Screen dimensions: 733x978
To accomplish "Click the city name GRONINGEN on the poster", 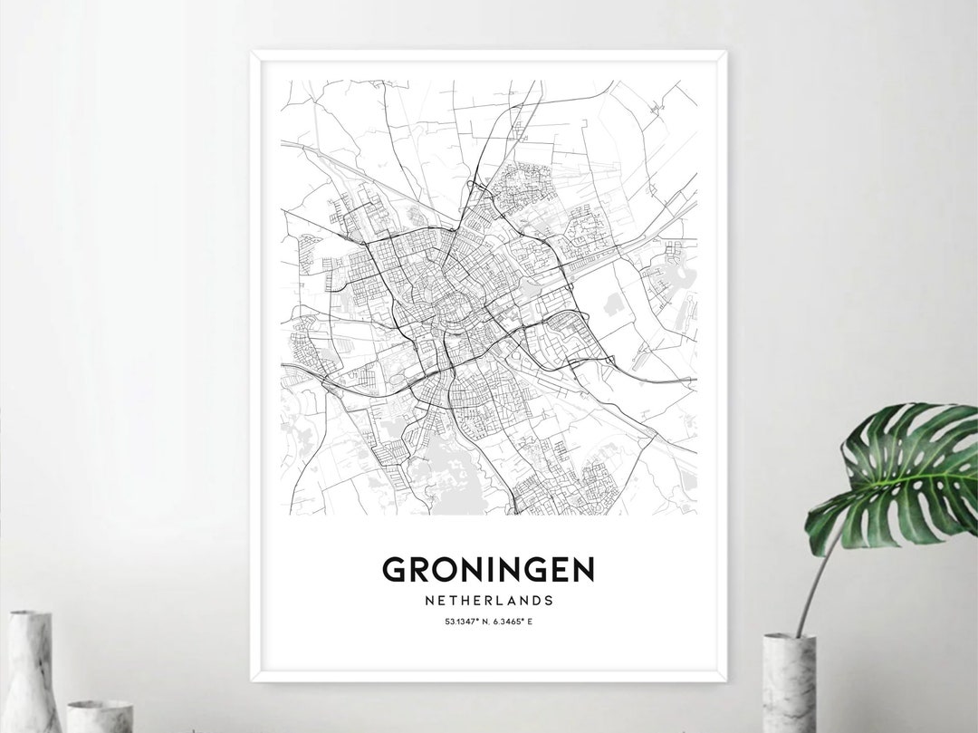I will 488,569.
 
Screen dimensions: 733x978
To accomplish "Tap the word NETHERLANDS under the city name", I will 488,600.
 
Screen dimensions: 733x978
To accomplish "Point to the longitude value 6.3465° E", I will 513,622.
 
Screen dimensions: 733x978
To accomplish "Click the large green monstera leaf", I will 896,476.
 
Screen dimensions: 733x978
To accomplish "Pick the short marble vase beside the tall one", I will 99,716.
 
